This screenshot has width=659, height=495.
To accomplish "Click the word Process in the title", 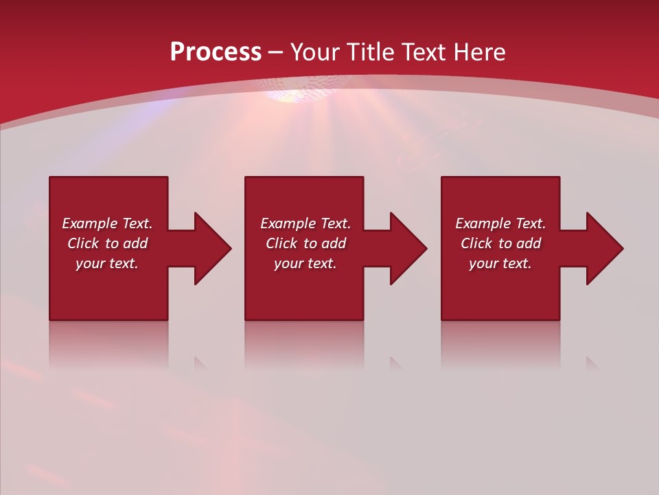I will (216, 52).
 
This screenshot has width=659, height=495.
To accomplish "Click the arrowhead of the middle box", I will (408, 248).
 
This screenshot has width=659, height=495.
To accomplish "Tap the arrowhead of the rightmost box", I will (604, 248).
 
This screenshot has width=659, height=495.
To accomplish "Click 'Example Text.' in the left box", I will (107, 223).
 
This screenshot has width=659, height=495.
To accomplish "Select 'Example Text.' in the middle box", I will (305, 223).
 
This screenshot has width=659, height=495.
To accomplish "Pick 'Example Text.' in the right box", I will (500, 223).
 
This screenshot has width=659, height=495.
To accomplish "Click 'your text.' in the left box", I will (107, 263).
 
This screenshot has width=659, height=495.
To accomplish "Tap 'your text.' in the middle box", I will (305, 263).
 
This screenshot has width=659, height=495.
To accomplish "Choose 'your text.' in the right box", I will (500, 263).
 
